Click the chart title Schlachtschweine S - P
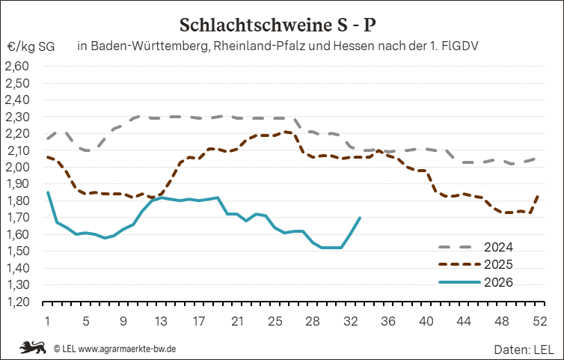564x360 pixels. tap(278, 25)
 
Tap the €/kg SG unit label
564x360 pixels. tap(31, 47)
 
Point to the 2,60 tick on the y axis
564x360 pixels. tap(16, 67)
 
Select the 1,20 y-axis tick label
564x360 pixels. tap(16, 302)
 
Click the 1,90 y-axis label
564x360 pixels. tap(16, 184)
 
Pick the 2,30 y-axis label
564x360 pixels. tap(16, 117)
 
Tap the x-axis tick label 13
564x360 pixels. tap(161, 321)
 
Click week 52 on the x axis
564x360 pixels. tap(539, 321)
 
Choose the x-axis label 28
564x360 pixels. tap(313, 321)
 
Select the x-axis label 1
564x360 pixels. tap(47, 321)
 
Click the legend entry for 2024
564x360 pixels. tap(476, 247)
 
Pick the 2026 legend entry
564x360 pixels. tap(476, 282)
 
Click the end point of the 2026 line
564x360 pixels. tap(360, 218)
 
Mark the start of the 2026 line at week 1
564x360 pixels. tap(48, 192)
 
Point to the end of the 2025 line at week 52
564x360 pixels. tap(539, 195)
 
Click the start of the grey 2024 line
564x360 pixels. tap(48, 138)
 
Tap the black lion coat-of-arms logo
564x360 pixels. tap(33, 347)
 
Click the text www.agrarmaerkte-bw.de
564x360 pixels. tap(127, 349)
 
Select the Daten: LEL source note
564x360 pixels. tap(524, 350)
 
